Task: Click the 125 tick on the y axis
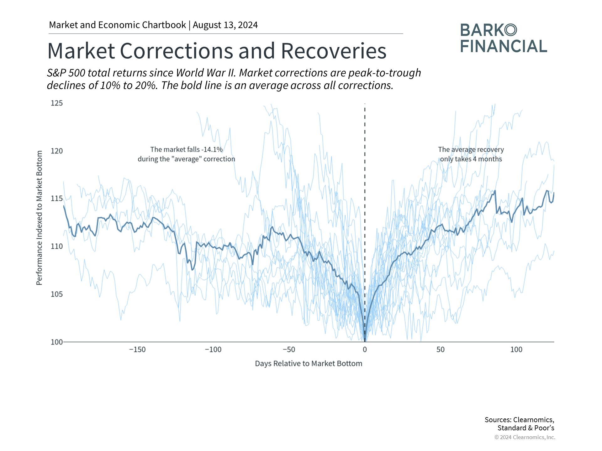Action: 57,103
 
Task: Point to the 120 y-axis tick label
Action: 57,151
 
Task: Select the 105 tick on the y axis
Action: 57,294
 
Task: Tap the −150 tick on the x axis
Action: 137,350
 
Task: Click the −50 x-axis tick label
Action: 289,350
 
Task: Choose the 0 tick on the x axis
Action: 365,350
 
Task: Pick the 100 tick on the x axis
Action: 516,350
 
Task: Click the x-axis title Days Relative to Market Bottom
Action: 309,364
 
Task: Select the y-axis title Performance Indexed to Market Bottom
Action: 39,218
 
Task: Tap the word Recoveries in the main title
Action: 334,51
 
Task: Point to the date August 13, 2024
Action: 225,25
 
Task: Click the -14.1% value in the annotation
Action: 212,150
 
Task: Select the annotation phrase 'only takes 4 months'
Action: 471,159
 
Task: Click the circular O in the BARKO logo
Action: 511,30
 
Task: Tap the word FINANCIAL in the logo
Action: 504,46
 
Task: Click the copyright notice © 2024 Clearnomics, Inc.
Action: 525,437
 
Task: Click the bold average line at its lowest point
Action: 365,340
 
